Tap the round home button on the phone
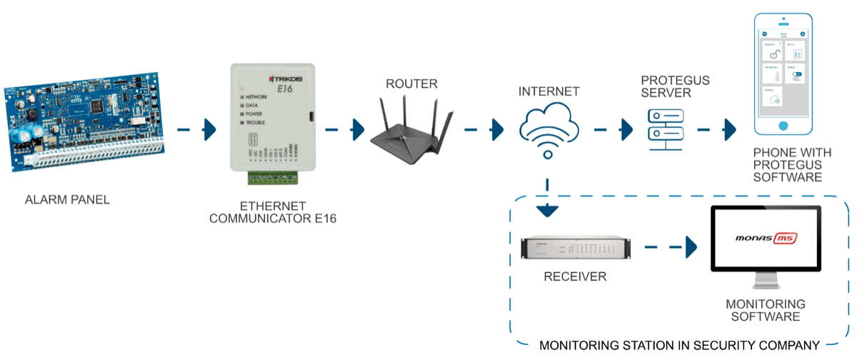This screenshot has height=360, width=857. (x=783, y=126)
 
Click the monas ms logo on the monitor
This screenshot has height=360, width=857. (x=766, y=238)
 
